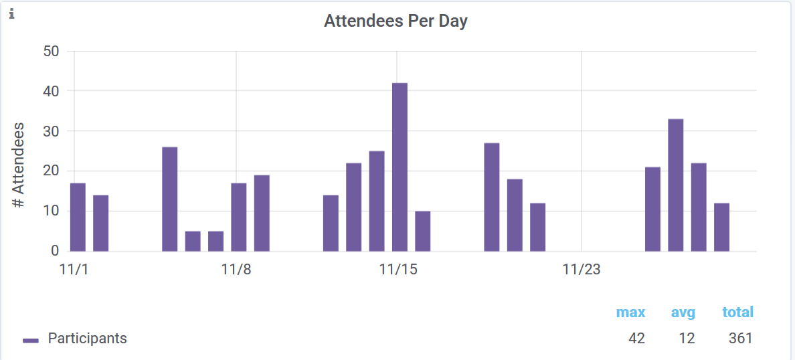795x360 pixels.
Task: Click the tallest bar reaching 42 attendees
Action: click(400, 167)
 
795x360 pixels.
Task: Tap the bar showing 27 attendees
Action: click(492, 197)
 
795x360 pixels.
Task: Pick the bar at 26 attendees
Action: click(170, 199)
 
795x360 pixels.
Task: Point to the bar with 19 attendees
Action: click(262, 213)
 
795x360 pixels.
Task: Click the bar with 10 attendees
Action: click(423, 232)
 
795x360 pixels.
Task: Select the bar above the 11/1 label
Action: click(78, 217)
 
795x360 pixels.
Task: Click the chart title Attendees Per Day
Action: click(395, 21)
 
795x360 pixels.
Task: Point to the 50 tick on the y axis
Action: click(51, 52)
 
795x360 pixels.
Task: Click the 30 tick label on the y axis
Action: click(51, 131)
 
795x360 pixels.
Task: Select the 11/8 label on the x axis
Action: click(236, 270)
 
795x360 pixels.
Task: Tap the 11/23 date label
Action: click(582, 270)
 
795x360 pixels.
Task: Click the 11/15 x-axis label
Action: click(397, 270)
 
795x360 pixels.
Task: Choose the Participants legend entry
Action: click(87, 339)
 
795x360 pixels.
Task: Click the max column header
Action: click(630, 312)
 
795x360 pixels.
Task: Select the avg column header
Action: click(683, 312)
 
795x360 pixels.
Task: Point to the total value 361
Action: click(740, 339)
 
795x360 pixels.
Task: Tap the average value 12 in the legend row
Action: click(687, 339)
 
